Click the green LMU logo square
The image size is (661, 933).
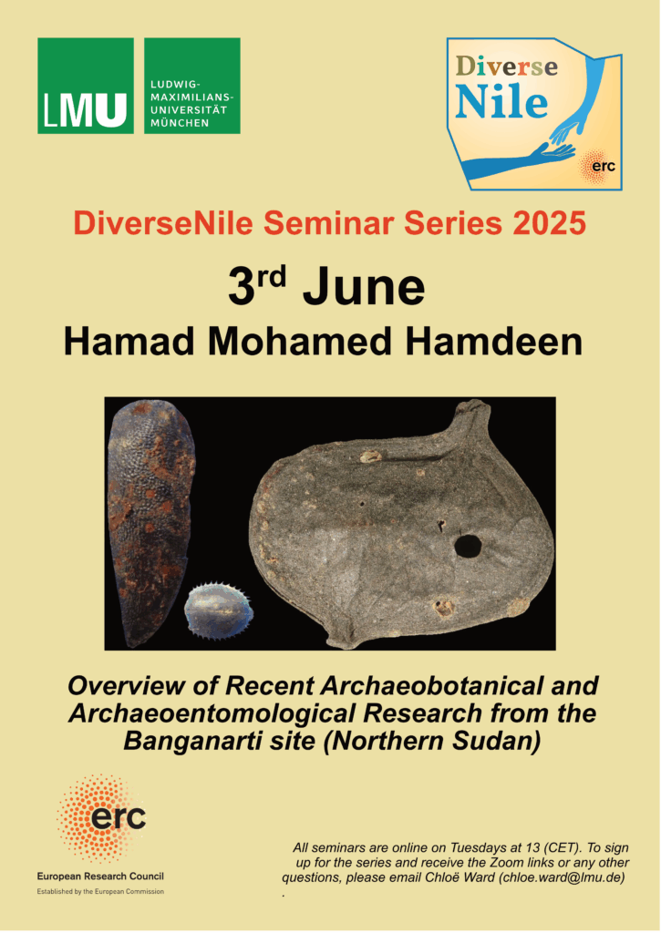86,86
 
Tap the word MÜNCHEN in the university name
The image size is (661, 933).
180,123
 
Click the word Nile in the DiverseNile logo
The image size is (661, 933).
501,102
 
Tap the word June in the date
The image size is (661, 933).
364,288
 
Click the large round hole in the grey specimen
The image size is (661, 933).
468,547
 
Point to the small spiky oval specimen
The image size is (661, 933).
219,610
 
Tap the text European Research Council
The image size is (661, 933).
100,876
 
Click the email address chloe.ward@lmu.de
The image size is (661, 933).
561,877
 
